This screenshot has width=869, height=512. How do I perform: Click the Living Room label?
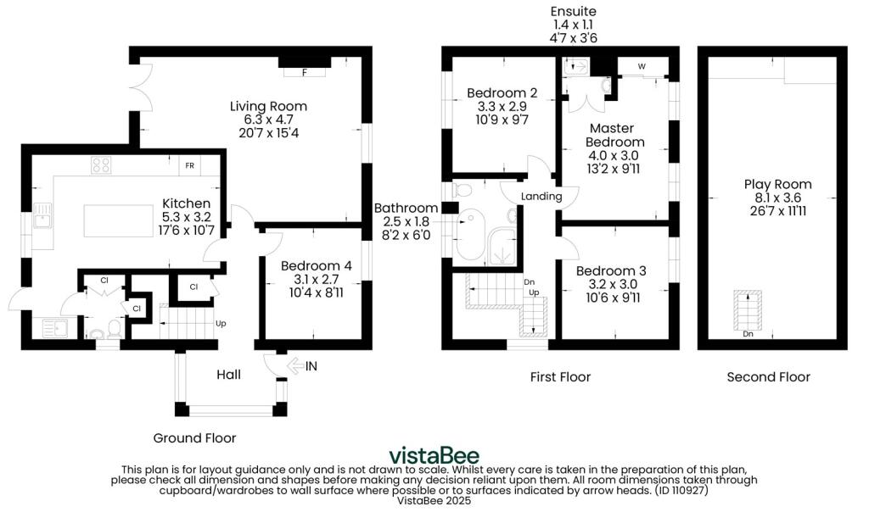(x=268, y=106)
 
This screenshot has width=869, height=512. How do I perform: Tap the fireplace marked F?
(x=305, y=72)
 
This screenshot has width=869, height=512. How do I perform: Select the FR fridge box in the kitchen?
(x=189, y=165)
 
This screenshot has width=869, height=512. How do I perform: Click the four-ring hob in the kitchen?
(x=101, y=165)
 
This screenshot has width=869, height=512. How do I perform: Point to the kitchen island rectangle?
(x=119, y=220)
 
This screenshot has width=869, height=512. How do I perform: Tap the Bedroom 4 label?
(x=316, y=265)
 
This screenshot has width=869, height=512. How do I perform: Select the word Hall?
(x=228, y=375)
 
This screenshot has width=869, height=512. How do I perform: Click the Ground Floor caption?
(x=194, y=438)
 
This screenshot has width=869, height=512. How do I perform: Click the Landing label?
(x=541, y=196)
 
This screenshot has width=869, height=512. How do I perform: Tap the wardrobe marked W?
(x=642, y=66)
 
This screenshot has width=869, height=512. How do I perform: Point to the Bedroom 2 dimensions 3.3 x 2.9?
(x=502, y=106)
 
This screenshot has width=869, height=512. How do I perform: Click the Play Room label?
(x=777, y=184)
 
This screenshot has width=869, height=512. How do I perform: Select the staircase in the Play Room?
(x=748, y=314)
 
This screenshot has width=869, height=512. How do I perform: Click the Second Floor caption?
(x=768, y=377)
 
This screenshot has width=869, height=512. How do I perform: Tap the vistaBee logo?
(x=434, y=456)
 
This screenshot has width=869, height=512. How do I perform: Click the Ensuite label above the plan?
(x=573, y=11)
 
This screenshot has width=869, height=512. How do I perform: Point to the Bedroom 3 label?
(x=611, y=270)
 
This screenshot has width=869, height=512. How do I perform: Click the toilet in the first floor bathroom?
(x=462, y=191)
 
